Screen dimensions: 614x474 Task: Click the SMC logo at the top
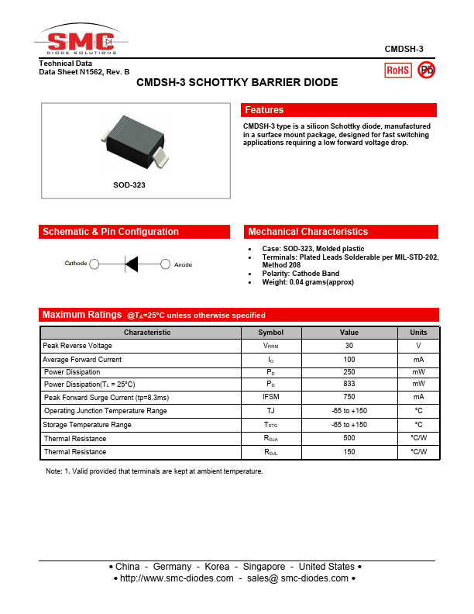[81, 42]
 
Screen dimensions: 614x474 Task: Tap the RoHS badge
[398, 70]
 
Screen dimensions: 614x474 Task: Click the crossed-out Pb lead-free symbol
[426, 70]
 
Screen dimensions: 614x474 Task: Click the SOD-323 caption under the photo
[129, 185]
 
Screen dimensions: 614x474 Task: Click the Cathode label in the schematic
[75, 264]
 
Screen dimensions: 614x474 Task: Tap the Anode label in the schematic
[184, 264]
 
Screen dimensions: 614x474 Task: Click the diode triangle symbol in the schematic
[131, 264]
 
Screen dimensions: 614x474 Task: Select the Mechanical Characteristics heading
[307, 232]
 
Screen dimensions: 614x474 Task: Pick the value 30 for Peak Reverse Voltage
[349, 346]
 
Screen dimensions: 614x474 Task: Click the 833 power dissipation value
[349, 385]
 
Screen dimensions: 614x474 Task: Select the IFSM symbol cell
[271, 397]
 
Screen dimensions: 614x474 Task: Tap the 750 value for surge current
[349, 397]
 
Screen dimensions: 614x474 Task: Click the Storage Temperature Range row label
[87, 425]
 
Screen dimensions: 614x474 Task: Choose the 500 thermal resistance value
[349, 438]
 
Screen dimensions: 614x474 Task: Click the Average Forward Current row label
[82, 360]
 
